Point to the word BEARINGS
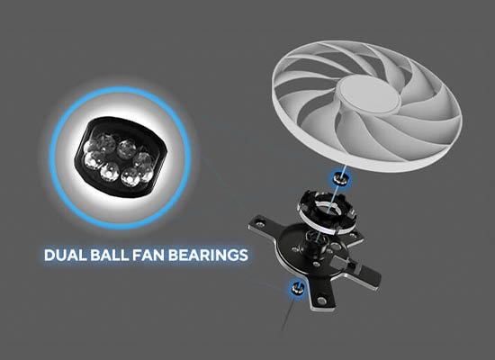click(x=208, y=256)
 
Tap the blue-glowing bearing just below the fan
click(x=340, y=178)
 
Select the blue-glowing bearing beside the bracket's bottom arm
click(x=297, y=288)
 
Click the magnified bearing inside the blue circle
click(x=120, y=157)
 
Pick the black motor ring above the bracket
click(x=328, y=212)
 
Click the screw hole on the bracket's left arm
click(x=260, y=224)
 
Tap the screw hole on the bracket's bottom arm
click(x=321, y=301)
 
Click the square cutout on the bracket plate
click(x=341, y=261)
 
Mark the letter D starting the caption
click(x=49, y=256)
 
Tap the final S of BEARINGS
click(x=243, y=256)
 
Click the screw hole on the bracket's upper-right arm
click(x=354, y=235)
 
